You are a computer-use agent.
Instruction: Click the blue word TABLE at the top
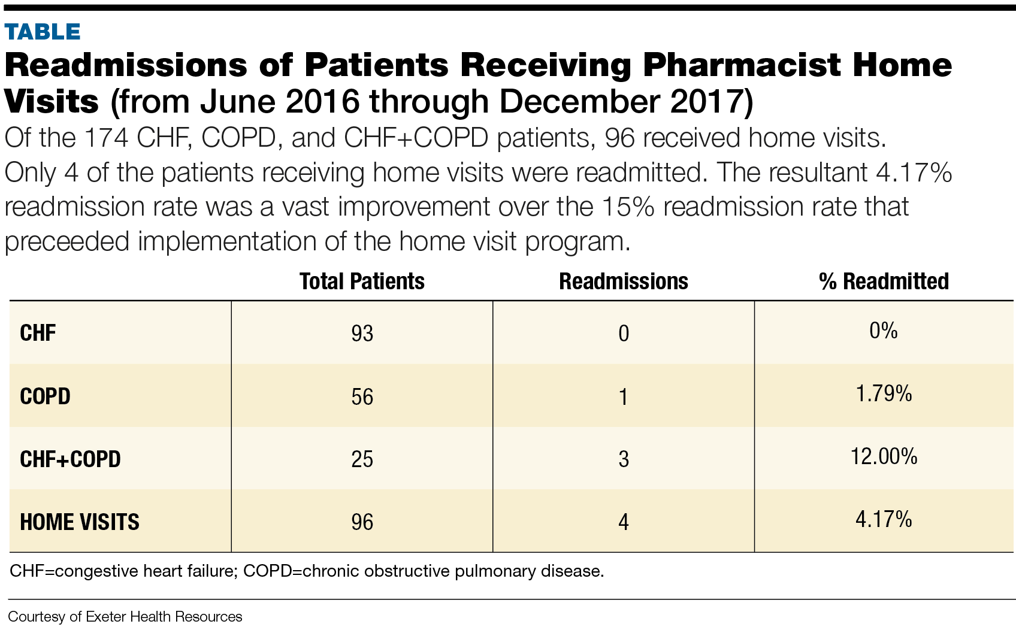43,32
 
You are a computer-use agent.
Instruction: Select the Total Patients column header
362,281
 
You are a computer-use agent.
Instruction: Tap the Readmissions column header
624,281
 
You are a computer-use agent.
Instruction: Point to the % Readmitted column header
884,281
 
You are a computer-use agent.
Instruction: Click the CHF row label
38,334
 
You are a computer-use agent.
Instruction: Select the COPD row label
45,396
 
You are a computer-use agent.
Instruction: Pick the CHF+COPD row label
70,459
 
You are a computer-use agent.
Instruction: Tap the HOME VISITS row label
80,522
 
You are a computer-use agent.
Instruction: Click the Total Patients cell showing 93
362,334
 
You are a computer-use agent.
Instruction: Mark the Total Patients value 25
362,459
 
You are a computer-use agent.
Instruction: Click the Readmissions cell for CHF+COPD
624,459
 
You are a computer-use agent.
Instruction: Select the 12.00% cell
884,457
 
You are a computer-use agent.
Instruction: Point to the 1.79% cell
884,394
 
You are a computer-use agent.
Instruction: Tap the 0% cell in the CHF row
884,331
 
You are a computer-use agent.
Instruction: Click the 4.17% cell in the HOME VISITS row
884,519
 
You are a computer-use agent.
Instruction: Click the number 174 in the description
106,138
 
